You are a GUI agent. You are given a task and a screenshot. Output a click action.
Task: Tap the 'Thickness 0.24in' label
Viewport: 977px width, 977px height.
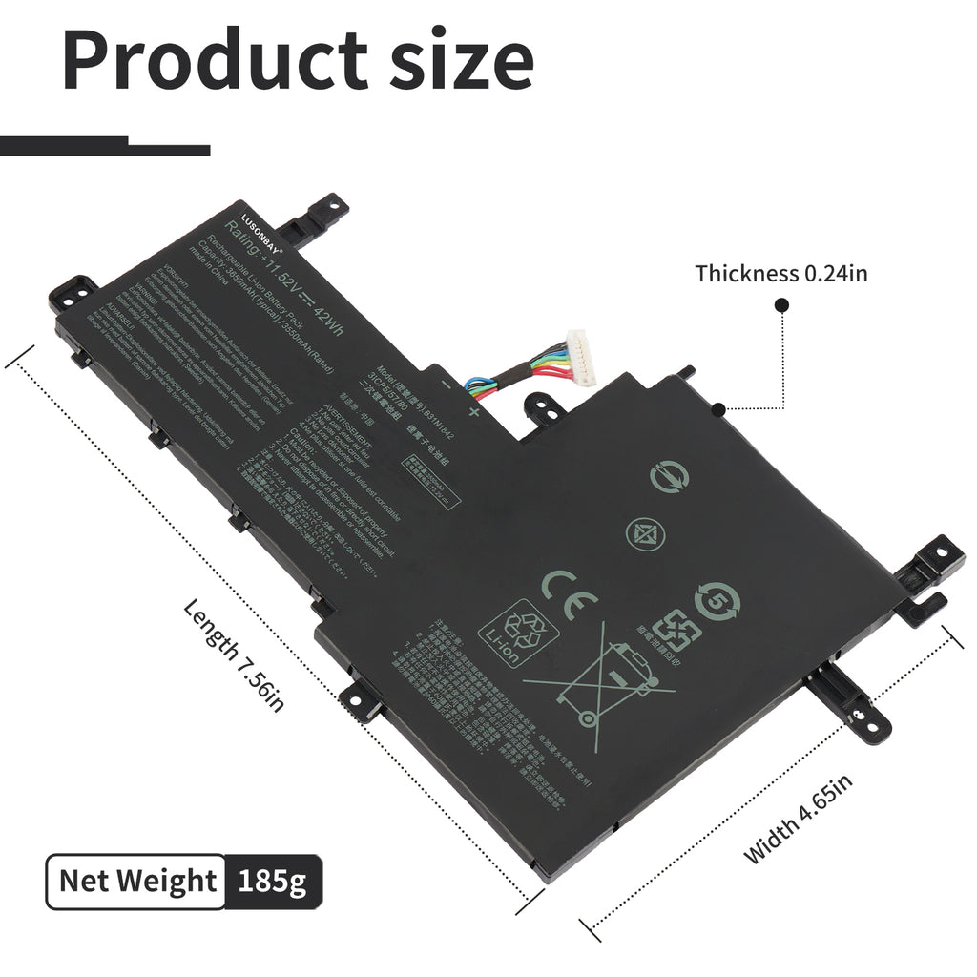pos(780,275)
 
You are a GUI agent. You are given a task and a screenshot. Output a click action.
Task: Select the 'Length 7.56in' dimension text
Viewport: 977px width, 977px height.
pos(234,655)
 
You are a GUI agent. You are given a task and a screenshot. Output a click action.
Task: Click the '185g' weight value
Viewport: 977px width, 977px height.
pos(274,881)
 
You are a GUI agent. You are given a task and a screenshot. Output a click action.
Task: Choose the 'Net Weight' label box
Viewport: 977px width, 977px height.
pos(137,881)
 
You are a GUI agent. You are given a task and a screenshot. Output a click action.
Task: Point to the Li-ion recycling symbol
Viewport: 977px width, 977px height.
pos(516,630)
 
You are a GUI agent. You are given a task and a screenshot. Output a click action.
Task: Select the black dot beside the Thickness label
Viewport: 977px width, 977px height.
pos(781,305)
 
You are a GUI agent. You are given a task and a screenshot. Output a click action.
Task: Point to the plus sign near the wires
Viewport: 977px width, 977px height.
pos(474,412)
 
